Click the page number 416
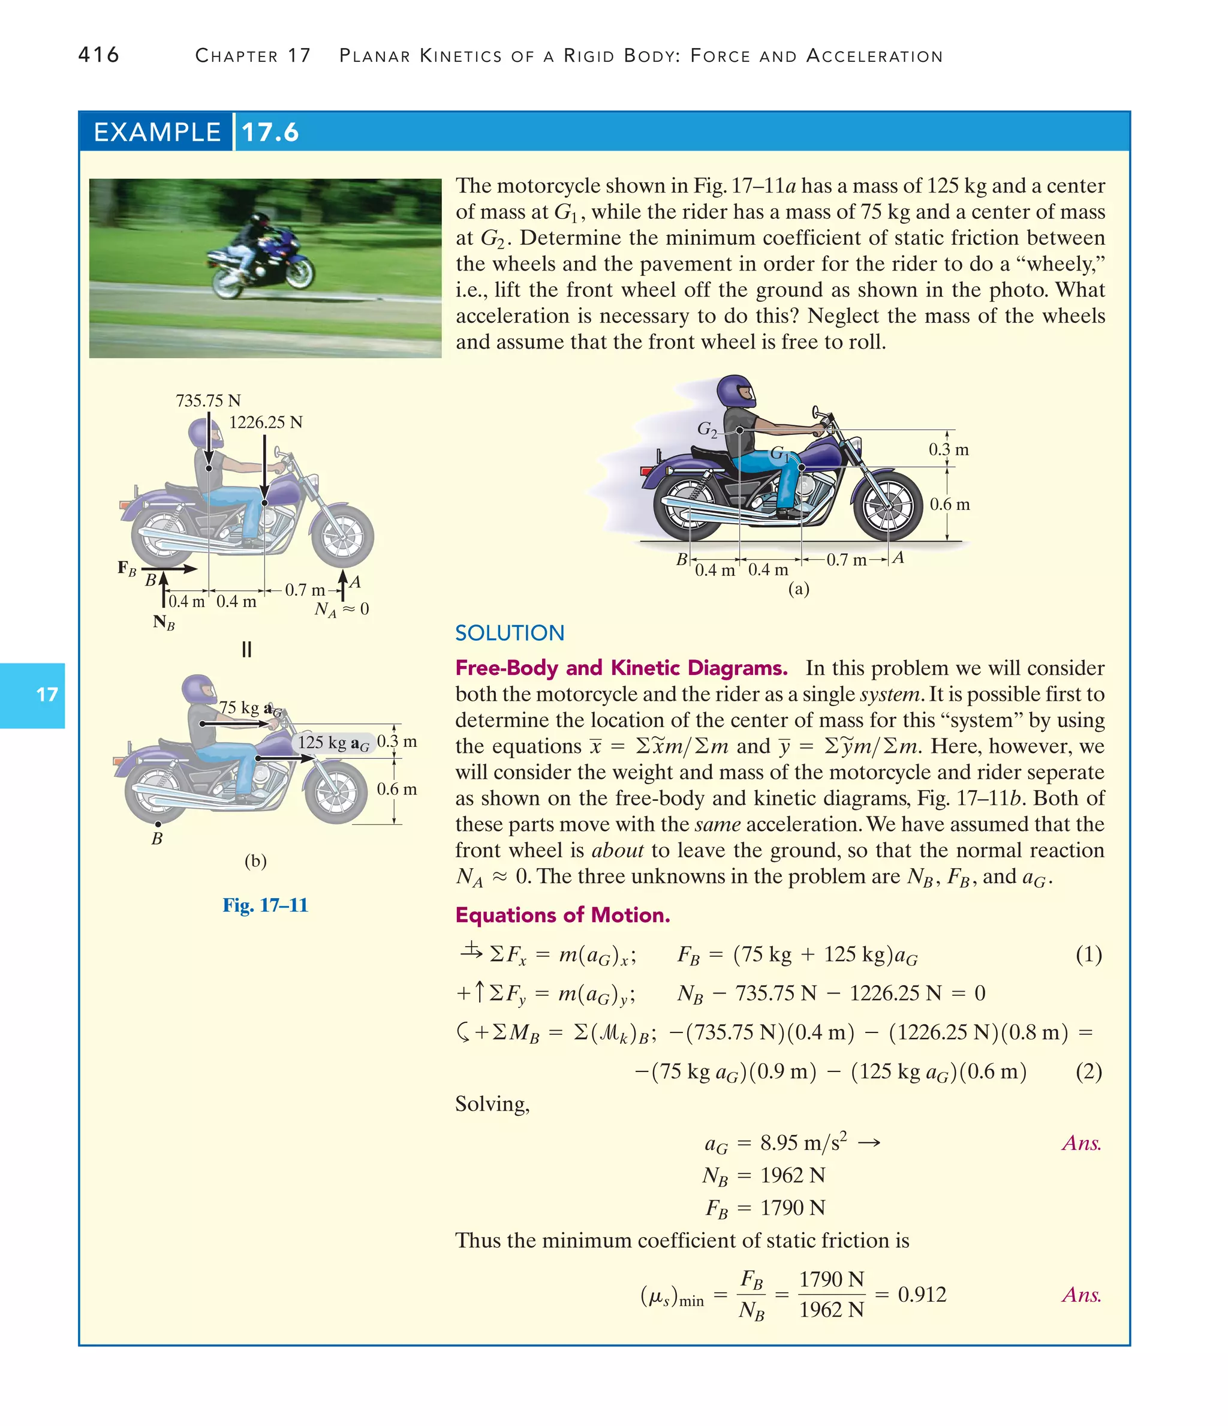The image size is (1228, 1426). (x=98, y=55)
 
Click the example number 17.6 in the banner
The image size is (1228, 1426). (x=270, y=132)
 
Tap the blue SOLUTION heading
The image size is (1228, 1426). (x=509, y=632)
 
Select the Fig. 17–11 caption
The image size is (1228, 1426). (x=265, y=905)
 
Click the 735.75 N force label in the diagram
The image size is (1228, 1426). (x=207, y=401)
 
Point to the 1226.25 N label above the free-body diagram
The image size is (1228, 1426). (x=266, y=422)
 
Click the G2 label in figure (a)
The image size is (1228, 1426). (x=706, y=430)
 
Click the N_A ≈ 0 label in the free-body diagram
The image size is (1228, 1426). (x=341, y=609)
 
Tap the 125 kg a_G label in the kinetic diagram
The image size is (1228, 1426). (x=333, y=743)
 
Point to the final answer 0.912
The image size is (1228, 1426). (x=922, y=1295)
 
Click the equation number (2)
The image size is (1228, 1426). (x=1088, y=1071)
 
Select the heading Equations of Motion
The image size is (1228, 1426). (x=562, y=915)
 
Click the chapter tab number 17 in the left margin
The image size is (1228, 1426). (x=47, y=695)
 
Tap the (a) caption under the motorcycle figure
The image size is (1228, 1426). (x=798, y=589)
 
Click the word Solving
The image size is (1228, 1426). (x=492, y=1104)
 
